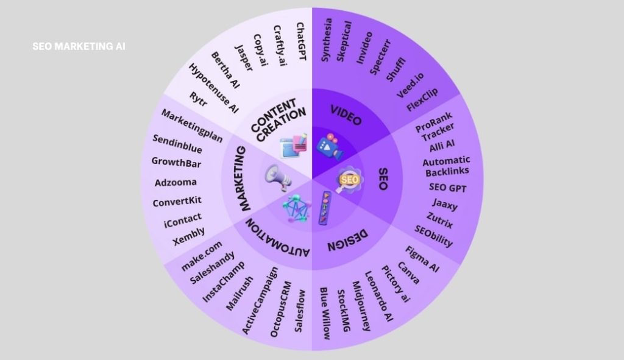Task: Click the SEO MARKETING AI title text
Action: pyautogui.click(x=79, y=46)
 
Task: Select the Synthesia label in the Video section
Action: pyautogui.click(x=327, y=40)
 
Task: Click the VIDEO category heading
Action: pyautogui.click(x=346, y=115)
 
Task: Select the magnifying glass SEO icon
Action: pyautogui.click(x=349, y=180)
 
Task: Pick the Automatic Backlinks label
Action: pyautogui.click(x=447, y=166)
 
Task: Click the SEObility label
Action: pyautogui.click(x=434, y=236)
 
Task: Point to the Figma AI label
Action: pyautogui.click(x=422, y=259)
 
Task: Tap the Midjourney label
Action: pyautogui.click(x=361, y=306)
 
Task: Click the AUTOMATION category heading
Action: pyautogui.click(x=278, y=238)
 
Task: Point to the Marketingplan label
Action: pyautogui.click(x=191, y=125)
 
